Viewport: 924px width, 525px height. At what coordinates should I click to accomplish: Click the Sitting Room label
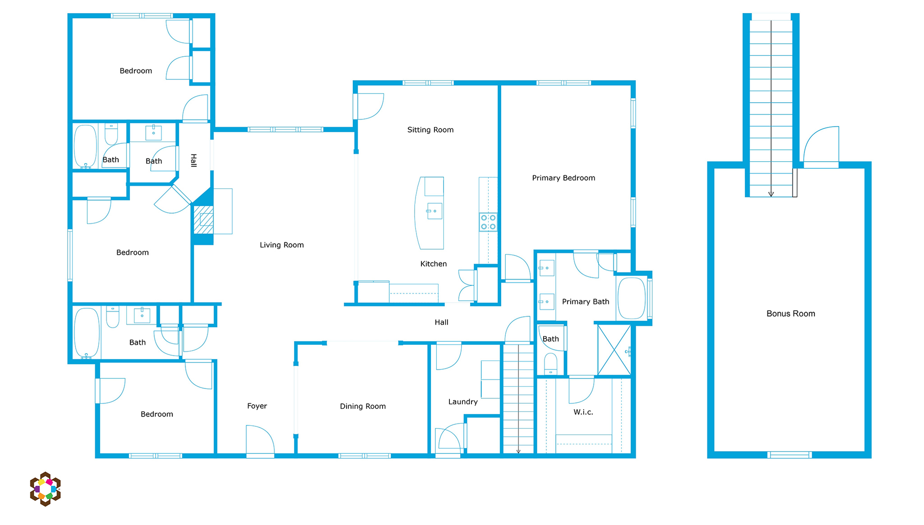[x=430, y=130]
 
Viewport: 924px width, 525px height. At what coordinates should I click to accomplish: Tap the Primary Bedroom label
[x=563, y=178]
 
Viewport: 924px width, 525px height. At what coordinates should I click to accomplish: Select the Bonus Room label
[x=791, y=313]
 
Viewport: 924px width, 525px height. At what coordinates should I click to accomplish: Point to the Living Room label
[x=282, y=245]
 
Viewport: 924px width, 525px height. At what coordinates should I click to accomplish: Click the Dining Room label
[x=363, y=406]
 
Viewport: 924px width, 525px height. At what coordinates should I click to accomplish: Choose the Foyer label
[x=257, y=406]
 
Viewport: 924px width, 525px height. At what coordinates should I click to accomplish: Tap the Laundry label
[x=463, y=402]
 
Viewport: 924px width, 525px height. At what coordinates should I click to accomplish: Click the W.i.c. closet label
[x=583, y=412]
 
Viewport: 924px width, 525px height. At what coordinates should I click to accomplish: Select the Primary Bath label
[x=586, y=302]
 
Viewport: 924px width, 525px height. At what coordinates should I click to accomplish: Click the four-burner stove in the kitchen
[x=488, y=222]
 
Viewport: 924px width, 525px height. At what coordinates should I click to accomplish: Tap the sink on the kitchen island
[x=434, y=211]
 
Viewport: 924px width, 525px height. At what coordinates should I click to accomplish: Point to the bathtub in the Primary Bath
[x=631, y=299]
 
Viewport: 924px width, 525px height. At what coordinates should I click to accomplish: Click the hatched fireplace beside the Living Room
[x=203, y=220]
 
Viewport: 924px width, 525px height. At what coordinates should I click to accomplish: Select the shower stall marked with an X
[x=614, y=350]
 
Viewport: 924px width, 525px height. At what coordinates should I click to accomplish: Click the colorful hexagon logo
[x=45, y=489]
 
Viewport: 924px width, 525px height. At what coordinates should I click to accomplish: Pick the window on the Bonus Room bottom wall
[x=790, y=455]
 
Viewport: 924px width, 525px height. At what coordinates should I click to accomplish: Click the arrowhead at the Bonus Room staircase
[x=771, y=195]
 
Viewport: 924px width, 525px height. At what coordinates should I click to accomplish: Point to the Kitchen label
[x=434, y=264]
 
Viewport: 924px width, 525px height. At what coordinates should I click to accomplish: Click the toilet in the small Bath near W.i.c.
[x=550, y=364]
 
